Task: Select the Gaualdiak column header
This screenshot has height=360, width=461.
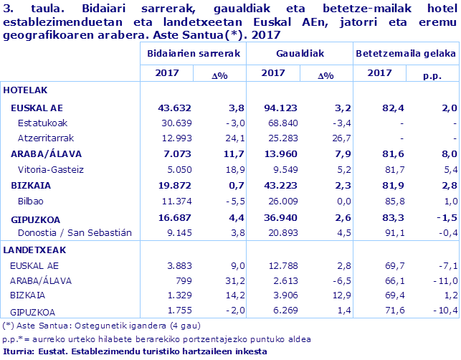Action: point(299,54)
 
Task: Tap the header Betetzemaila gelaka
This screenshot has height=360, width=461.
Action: point(404,54)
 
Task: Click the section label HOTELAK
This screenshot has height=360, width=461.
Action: point(26,90)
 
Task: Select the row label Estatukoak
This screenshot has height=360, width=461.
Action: point(43,123)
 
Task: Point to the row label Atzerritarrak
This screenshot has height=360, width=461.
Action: point(47,138)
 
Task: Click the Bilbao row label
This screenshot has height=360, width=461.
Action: point(30,201)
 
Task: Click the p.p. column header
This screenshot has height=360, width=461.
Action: point(432,74)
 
